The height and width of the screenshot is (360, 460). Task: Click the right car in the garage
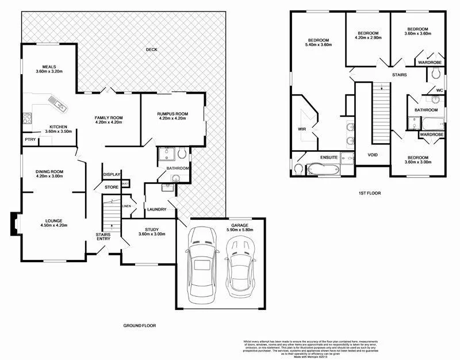(240, 266)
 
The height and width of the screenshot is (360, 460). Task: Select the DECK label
(151, 49)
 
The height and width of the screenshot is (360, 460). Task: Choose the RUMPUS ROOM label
(173, 114)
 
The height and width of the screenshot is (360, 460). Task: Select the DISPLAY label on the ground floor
(112, 174)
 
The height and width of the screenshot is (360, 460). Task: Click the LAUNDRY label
(157, 209)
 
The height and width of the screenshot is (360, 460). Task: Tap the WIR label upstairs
(301, 129)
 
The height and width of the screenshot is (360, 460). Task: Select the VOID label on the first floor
(372, 155)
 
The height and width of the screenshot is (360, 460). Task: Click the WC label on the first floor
(438, 90)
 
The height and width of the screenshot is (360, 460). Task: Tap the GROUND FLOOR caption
(139, 325)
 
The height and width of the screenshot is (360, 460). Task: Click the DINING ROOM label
(49, 171)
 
